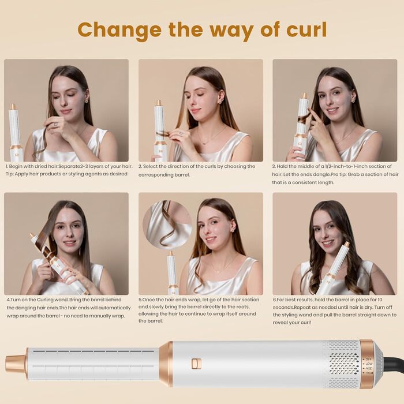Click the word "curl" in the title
coord(306,29)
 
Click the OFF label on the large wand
coord(369,359)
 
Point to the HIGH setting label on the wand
coord(369,373)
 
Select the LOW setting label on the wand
coord(369,364)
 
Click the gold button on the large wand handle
coord(196,364)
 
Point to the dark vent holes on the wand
coord(344,364)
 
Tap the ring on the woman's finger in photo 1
coord(55,125)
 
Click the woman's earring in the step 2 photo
coord(220,102)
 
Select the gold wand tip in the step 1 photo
coord(12,106)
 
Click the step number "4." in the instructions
coord(9,300)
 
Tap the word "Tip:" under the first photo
coord(10,174)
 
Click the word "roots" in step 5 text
coord(242,307)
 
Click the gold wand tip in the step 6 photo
coord(346,244)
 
